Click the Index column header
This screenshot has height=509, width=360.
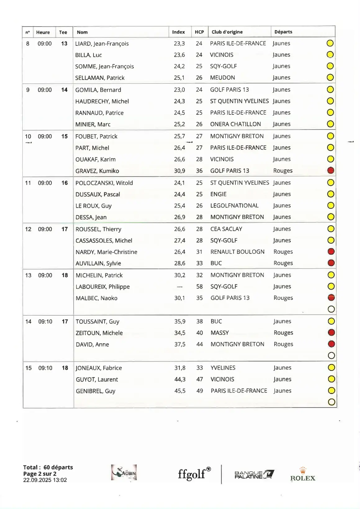[178, 32]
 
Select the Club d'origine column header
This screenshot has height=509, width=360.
[227, 32]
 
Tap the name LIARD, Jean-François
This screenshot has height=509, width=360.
[102, 44]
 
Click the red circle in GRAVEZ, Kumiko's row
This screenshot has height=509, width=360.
[330, 170]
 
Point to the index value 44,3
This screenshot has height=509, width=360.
[180, 379]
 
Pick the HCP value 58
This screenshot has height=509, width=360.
[199, 287]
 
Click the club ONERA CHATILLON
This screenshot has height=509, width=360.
[235, 124]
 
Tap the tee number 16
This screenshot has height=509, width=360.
[65, 183]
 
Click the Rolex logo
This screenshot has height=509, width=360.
[303, 474]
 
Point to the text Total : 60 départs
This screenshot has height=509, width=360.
[48, 467]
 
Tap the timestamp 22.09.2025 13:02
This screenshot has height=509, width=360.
[45, 480]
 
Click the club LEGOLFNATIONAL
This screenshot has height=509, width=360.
[234, 205]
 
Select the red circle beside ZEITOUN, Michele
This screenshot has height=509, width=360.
[331, 332]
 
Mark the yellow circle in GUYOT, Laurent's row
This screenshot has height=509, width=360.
[331, 379]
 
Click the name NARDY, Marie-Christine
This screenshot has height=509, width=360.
[106, 252]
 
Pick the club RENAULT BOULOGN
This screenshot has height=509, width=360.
[237, 252]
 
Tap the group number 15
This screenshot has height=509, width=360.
[28, 368]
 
